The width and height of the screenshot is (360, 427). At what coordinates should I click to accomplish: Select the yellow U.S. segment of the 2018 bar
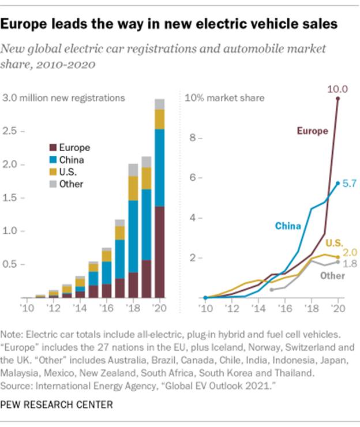pos(133,188)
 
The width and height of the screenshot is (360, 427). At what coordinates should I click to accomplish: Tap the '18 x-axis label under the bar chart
pos(132,307)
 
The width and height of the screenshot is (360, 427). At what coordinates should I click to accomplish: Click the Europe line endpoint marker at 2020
pos(337,99)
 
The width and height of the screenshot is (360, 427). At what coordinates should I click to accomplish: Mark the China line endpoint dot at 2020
pos(337,183)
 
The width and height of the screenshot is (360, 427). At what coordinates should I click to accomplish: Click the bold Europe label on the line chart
pos(312,131)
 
